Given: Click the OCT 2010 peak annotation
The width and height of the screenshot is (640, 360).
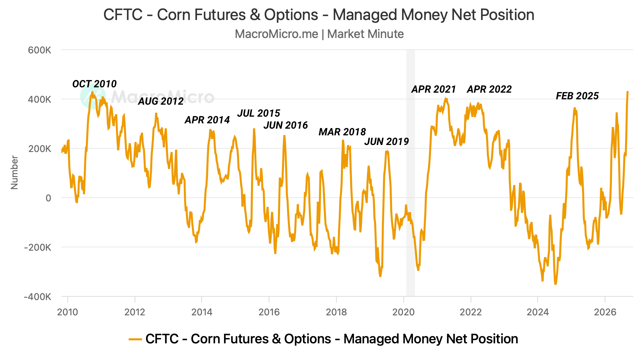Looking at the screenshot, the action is (x=94, y=84).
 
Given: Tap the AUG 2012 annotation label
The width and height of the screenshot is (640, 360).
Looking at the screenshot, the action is (x=161, y=101).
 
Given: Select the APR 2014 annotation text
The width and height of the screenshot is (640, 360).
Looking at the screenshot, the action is (x=207, y=120).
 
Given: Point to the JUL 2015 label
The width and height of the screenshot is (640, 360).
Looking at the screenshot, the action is (x=259, y=113).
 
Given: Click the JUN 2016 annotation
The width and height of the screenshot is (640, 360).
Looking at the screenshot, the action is (x=286, y=125).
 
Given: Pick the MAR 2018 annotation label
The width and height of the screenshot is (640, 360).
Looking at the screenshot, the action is (x=342, y=132).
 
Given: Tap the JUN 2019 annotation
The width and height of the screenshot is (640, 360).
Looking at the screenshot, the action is (x=387, y=141).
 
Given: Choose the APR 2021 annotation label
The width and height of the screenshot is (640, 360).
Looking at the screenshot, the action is (x=434, y=89).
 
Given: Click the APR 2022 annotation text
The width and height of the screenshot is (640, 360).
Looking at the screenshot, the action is (x=489, y=89).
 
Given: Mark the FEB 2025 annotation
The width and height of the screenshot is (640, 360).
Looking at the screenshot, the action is (x=577, y=96).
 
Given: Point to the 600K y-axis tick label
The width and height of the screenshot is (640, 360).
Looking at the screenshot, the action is (x=40, y=50).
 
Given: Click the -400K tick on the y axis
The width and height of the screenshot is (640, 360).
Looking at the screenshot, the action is (x=38, y=297).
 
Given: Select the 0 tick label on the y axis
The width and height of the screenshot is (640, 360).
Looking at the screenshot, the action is (x=49, y=198).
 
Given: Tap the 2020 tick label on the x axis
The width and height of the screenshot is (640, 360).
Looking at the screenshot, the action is (x=404, y=312).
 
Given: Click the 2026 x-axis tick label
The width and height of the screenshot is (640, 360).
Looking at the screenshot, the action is (x=605, y=312).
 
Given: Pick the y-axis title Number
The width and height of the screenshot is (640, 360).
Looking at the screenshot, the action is (x=14, y=172).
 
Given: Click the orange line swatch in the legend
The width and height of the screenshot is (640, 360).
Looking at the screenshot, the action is (x=135, y=339).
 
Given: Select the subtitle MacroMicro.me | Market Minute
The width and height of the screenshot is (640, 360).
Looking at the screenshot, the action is (x=319, y=34).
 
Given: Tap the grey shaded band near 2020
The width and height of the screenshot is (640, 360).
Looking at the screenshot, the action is (x=411, y=173).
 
